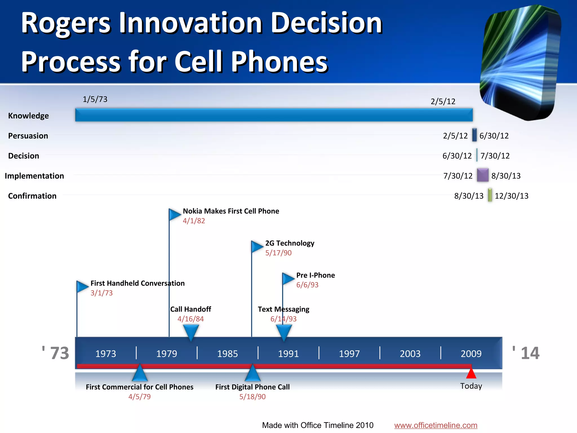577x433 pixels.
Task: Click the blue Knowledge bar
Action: (x=274, y=115)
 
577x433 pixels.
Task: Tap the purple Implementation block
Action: (x=482, y=175)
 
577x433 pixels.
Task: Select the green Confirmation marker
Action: (x=490, y=195)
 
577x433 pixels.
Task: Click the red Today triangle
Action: (x=471, y=374)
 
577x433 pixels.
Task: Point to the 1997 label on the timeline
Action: (x=349, y=354)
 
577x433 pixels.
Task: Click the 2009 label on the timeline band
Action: (x=471, y=354)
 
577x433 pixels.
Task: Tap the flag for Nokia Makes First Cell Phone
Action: (x=174, y=215)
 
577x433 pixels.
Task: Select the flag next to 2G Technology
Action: (x=257, y=247)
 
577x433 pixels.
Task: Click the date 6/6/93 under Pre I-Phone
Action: (x=307, y=285)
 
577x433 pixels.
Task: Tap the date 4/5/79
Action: (x=139, y=397)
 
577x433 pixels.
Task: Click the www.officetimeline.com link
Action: (x=436, y=425)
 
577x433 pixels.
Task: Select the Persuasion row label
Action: (x=28, y=136)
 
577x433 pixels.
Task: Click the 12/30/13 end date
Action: (x=511, y=196)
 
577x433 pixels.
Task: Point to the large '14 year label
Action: (x=526, y=353)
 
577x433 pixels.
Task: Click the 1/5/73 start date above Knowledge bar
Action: (x=95, y=99)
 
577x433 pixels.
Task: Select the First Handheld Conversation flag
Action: (x=82, y=287)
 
